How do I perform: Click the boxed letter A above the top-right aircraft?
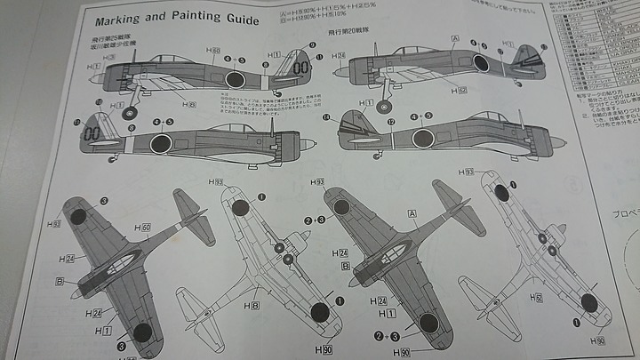[x=455, y=39]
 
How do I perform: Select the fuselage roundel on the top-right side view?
[x=481, y=63]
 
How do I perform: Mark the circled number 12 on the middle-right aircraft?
[x=390, y=120]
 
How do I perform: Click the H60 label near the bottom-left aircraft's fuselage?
[x=145, y=228]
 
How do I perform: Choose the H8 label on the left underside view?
[x=255, y=306]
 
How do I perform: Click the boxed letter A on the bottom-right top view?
[x=412, y=213]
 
